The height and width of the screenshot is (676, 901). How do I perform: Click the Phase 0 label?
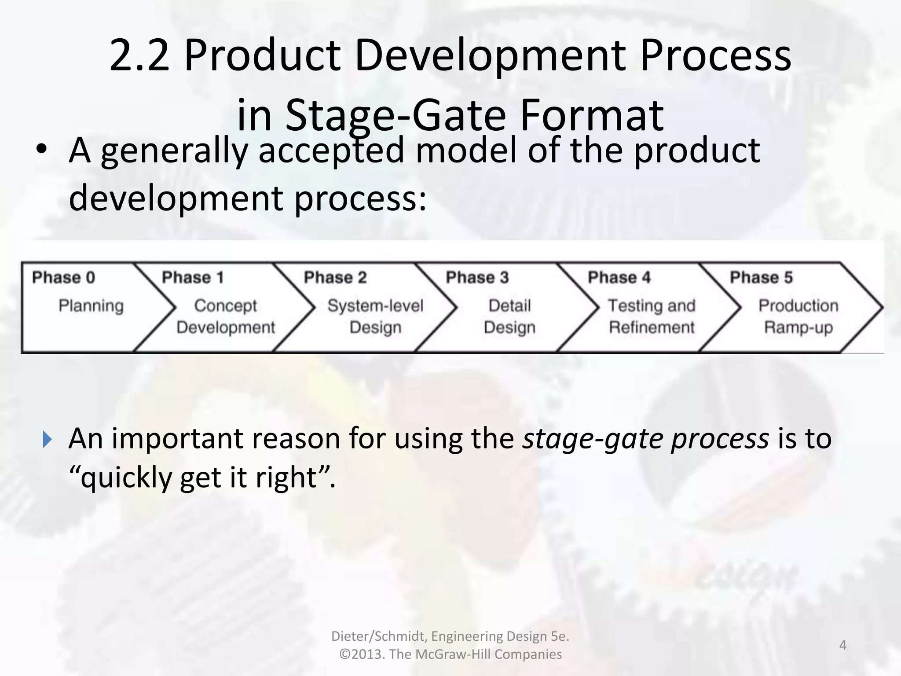point(63,278)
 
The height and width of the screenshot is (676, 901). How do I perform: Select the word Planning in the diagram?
point(91,306)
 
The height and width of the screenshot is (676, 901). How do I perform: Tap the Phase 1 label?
point(193,278)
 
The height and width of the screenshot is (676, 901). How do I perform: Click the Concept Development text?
point(225,316)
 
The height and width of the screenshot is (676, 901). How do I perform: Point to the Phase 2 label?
point(335,278)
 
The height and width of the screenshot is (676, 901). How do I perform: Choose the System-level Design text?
point(375,316)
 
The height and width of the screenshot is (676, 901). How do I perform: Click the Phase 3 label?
point(477,278)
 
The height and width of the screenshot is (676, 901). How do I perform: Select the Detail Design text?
point(509,316)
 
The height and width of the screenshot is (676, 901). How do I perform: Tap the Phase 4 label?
point(619,278)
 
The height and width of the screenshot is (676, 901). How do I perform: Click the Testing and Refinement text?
point(652,316)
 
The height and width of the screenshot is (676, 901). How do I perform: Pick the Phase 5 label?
point(761,278)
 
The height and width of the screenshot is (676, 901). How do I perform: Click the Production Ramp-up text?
point(798,316)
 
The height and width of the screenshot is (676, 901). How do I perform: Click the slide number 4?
point(843,645)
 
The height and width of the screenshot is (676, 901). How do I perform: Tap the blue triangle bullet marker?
point(48,439)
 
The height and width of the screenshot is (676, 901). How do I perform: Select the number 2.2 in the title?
point(139,56)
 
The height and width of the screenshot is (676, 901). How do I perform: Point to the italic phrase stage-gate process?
point(645,439)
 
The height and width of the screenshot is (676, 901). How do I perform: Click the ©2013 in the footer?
point(362,654)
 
